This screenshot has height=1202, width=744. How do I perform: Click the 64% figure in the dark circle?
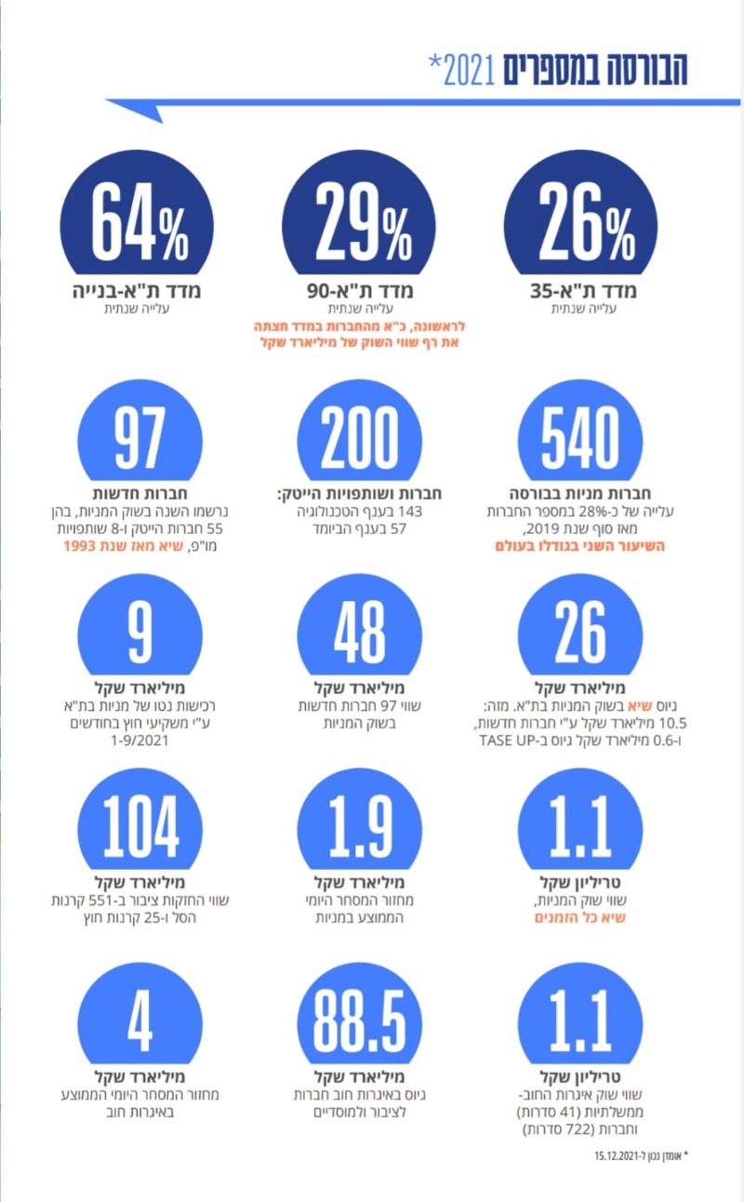(x=140, y=221)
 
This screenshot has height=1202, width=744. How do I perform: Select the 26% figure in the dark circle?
(x=587, y=221)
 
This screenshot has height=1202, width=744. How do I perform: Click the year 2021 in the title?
(x=470, y=71)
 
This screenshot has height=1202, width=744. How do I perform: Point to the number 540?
(x=580, y=437)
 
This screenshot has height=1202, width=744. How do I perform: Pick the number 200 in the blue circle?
(x=359, y=437)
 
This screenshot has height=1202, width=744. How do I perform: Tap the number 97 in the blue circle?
(x=139, y=437)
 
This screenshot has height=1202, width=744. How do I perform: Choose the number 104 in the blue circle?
(x=140, y=826)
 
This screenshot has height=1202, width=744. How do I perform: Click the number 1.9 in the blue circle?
(x=359, y=826)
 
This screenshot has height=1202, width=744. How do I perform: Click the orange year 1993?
(x=80, y=546)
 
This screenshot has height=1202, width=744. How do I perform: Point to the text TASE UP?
(x=504, y=741)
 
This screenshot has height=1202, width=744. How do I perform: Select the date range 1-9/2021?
(x=139, y=741)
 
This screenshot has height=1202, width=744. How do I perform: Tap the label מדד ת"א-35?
(x=584, y=291)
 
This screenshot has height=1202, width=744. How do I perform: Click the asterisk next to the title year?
(x=434, y=61)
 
